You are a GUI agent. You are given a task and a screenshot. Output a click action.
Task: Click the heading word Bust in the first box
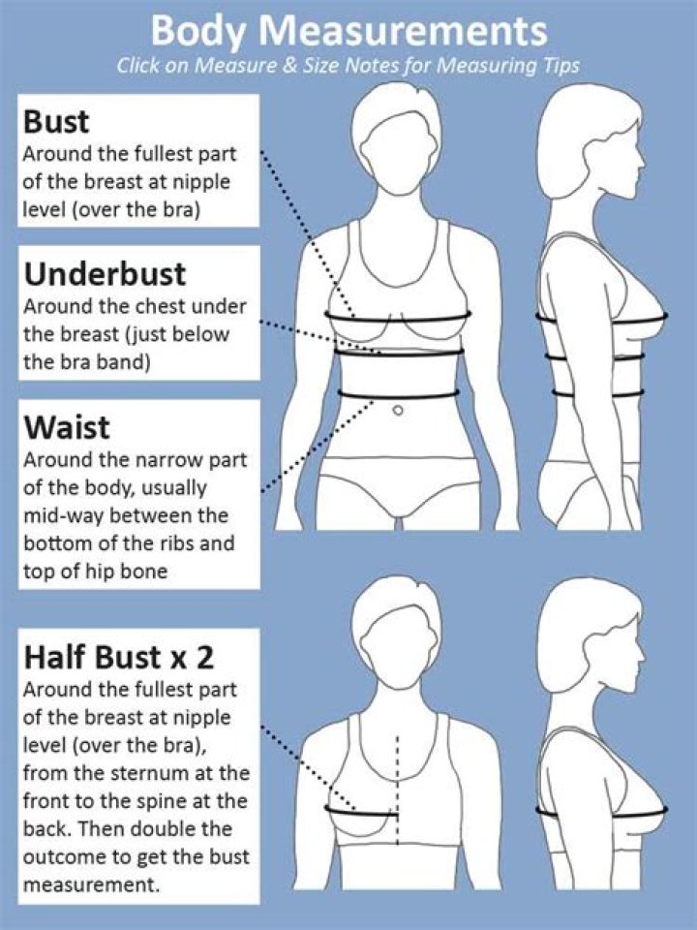click(57, 123)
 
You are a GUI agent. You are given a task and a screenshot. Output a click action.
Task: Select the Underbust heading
click(105, 274)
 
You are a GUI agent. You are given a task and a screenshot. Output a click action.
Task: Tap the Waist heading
click(67, 427)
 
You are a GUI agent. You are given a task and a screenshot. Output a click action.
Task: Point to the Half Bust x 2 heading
click(118, 658)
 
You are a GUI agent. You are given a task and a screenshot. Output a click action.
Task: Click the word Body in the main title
click(200, 32)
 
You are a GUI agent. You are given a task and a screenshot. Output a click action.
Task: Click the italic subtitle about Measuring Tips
click(348, 67)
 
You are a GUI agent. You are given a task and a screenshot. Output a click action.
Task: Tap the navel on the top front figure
click(397, 411)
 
